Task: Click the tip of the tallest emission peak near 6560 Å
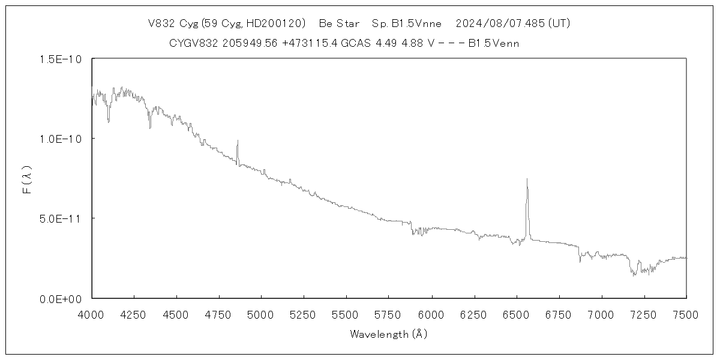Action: point(527,179)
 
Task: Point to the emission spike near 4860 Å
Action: point(238,141)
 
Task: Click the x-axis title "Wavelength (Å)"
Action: point(389,334)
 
